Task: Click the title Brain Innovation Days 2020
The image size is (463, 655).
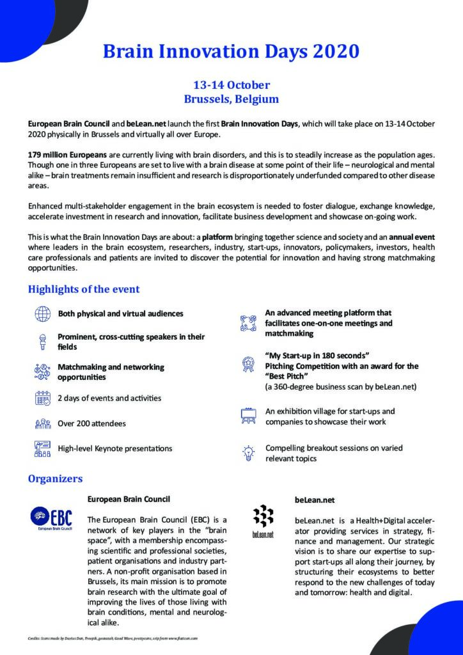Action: pos(231,52)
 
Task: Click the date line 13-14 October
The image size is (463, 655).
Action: pos(231,85)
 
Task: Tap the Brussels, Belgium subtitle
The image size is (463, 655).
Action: pos(231,99)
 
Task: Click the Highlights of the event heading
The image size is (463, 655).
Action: pos(84,289)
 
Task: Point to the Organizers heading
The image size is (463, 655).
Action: pos(55,478)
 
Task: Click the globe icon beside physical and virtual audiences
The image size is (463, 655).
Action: pos(42,314)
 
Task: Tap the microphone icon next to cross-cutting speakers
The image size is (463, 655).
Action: pos(42,341)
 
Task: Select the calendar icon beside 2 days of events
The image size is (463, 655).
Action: pos(42,398)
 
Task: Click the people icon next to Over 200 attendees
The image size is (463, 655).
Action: pos(42,423)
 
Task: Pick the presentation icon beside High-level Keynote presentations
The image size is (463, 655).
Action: pos(42,448)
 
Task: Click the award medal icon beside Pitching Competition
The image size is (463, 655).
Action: pos(248,365)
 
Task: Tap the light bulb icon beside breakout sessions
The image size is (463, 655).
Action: pos(248,452)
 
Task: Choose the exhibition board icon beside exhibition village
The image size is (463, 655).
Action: pos(248,415)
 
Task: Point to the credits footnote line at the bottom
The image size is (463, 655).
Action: pos(113,638)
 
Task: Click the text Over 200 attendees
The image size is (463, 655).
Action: pos(92,423)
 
